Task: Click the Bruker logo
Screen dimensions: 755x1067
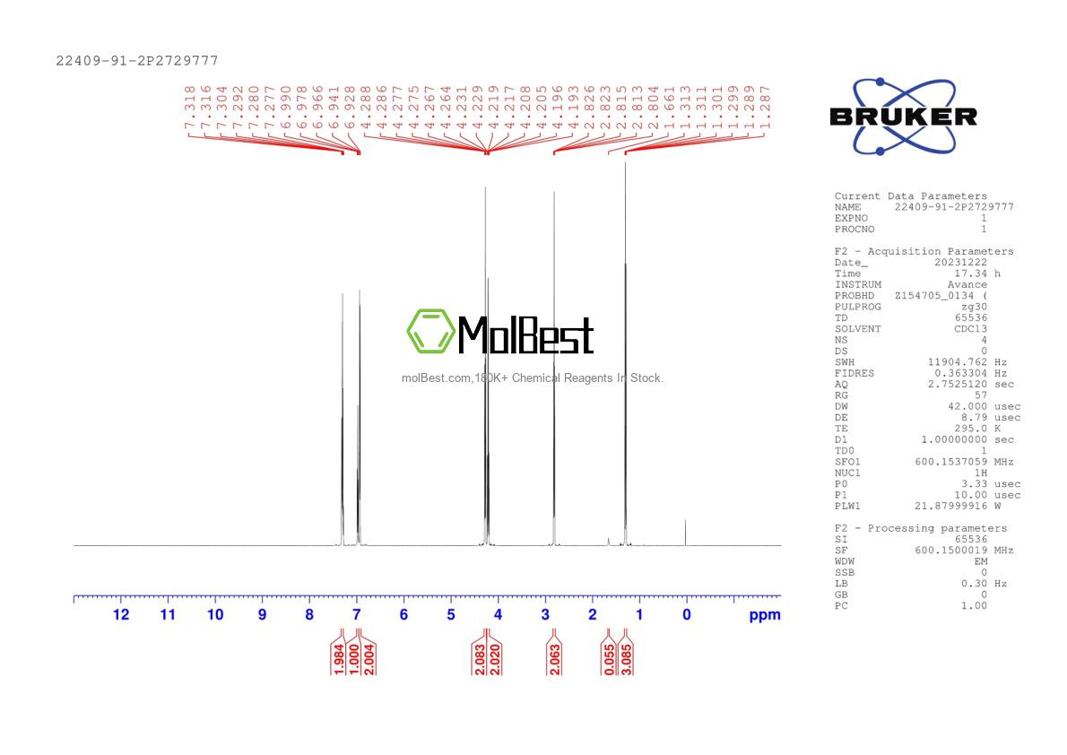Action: (x=903, y=117)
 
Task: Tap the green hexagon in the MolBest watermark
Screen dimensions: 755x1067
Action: (x=430, y=331)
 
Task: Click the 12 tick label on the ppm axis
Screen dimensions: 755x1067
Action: (x=120, y=615)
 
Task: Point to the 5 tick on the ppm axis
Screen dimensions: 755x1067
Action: (x=451, y=615)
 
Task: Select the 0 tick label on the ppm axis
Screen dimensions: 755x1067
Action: (x=687, y=615)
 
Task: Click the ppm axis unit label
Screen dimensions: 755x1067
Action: (x=765, y=615)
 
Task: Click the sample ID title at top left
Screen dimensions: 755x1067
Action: (x=137, y=61)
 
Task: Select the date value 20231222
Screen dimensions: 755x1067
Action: (x=960, y=263)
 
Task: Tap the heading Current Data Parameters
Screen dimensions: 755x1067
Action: (x=910, y=196)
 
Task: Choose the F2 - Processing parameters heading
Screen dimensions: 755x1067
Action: (x=921, y=528)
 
